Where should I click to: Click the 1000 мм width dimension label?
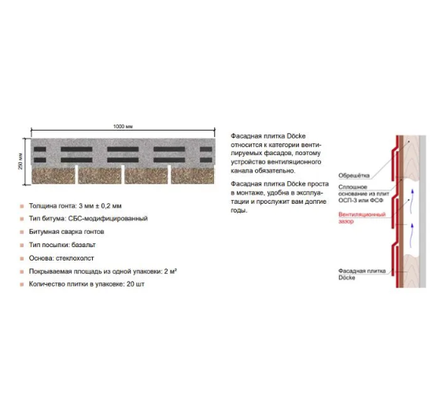(123, 126)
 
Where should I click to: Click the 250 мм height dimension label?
(20, 161)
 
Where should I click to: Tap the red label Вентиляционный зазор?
(362, 218)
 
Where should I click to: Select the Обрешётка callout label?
(354, 176)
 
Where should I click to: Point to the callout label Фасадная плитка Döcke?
(362, 274)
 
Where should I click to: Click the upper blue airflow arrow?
(412, 200)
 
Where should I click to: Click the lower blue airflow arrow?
(412, 234)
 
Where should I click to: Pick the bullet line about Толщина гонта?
(76, 206)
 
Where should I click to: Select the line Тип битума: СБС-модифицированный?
(88, 219)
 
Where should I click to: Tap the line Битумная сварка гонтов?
(66, 231)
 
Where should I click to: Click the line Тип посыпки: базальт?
(62, 245)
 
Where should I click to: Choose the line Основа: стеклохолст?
(61, 258)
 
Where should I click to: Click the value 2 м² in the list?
(171, 272)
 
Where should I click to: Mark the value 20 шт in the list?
(135, 284)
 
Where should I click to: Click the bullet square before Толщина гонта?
(22, 206)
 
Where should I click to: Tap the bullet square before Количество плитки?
(22, 285)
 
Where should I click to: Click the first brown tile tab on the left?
(54, 176)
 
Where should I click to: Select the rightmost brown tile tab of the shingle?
(193, 176)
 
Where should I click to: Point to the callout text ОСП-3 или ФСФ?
(361, 201)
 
